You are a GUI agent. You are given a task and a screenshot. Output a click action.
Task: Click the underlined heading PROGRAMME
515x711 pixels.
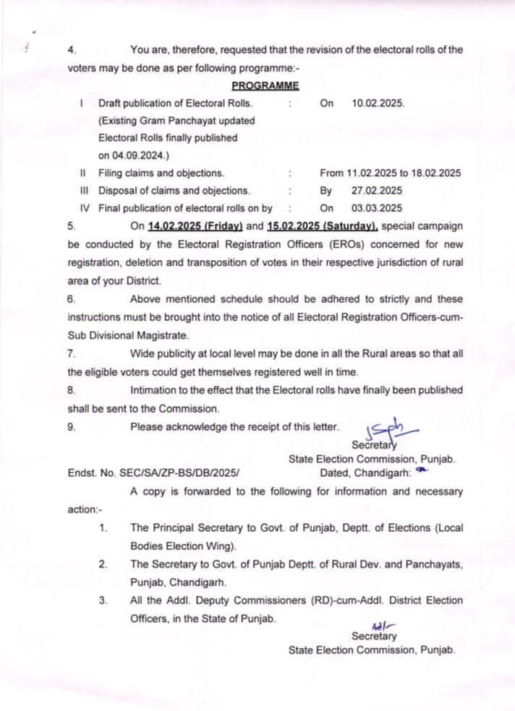250,86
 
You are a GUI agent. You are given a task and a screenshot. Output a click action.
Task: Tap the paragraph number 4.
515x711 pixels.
72,50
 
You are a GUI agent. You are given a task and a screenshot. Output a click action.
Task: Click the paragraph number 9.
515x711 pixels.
72,426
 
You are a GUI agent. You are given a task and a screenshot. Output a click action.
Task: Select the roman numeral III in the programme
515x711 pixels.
84,191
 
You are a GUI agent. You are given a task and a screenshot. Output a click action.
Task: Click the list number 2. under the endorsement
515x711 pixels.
104,564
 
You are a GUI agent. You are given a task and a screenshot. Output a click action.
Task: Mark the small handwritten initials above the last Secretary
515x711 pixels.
376,626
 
